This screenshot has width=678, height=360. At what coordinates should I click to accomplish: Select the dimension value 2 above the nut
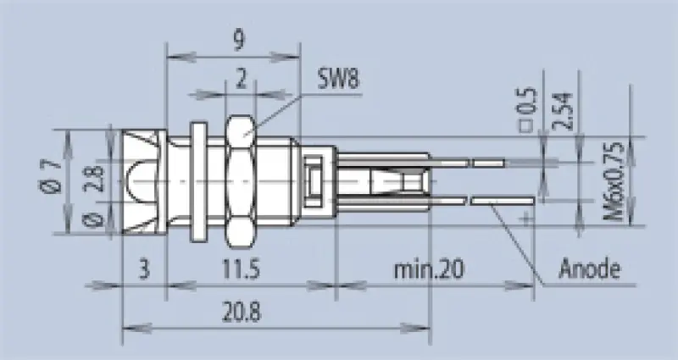(242, 80)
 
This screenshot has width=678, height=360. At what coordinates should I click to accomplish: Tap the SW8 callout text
(339, 81)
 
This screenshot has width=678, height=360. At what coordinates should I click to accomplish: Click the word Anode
(590, 271)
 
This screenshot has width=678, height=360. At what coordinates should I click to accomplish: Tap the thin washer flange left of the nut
(198, 180)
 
